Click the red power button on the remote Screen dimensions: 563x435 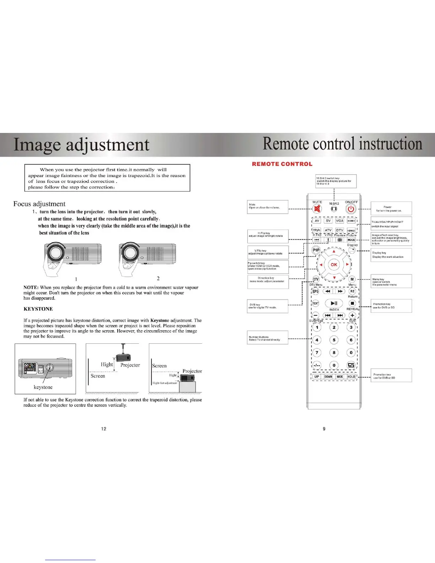[351, 209]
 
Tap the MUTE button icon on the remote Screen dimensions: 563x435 [317, 209]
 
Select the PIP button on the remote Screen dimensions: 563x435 [316, 250]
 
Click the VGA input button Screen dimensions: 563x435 [340, 221]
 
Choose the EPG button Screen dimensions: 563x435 [316, 291]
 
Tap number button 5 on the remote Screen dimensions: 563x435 [334, 340]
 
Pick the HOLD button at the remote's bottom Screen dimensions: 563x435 [351, 377]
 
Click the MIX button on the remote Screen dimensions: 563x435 [340, 377]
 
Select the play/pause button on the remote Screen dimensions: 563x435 [334, 303]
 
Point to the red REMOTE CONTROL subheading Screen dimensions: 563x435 [282, 164]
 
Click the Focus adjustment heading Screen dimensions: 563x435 [39, 204]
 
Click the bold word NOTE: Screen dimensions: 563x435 [31, 288]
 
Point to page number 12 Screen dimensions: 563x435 [104, 429]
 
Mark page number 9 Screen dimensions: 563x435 [324, 429]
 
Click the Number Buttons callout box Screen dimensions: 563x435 [268, 338]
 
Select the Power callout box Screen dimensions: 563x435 [391, 208]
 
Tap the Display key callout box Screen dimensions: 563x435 [391, 255]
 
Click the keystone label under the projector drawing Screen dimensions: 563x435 [43, 387]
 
